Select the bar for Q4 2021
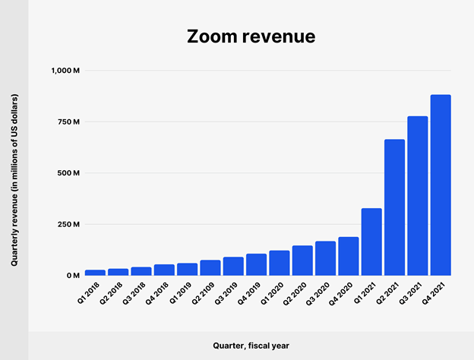coord(441,185)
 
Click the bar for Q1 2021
coord(371,242)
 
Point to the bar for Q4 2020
coord(349,257)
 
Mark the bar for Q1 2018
coord(96,272)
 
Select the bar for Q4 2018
coord(164,270)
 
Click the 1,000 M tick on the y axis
coord(65,71)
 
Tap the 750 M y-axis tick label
coord(68,122)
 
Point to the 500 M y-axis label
coord(68,173)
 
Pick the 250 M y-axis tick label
coord(68,224)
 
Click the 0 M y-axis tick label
coord(72,276)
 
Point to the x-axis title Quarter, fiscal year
coord(251,345)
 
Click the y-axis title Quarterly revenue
coord(14,179)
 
